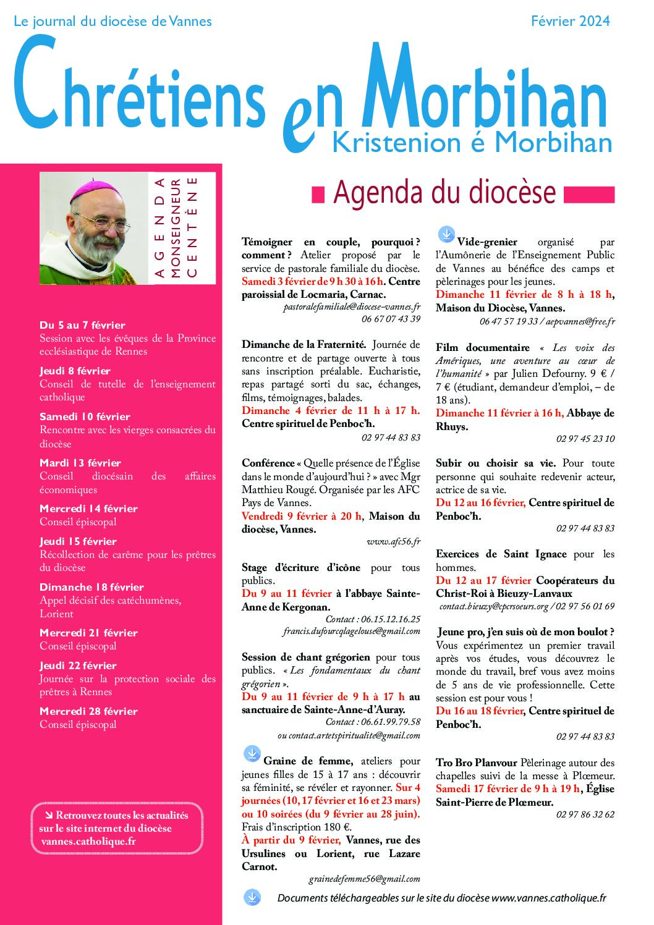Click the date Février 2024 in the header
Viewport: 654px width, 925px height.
pyautogui.click(x=570, y=21)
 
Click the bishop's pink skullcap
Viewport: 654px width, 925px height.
pyautogui.click(x=93, y=188)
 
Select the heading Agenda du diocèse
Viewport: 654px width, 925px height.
pyautogui.click(x=444, y=192)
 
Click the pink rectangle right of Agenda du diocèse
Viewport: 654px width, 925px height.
pyautogui.click(x=590, y=195)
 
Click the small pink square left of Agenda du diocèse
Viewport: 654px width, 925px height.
pyautogui.click(x=318, y=195)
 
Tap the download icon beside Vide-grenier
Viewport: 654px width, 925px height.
pyautogui.click(x=446, y=234)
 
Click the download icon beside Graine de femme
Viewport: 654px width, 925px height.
pyautogui.click(x=252, y=753)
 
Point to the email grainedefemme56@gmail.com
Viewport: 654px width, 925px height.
pyautogui.click(x=364, y=879)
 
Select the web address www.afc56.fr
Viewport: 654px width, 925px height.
pyautogui.click(x=393, y=542)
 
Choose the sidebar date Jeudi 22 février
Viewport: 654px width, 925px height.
pyautogui.click(x=78, y=665)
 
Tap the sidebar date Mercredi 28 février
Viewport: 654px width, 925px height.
pyautogui.click(x=88, y=711)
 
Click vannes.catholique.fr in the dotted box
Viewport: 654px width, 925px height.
pyautogui.click(x=88, y=842)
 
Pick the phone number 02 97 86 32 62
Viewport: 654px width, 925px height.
pyautogui.click(x=585, y=814)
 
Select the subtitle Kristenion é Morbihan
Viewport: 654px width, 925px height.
pyautogui.click(x=472, y=143)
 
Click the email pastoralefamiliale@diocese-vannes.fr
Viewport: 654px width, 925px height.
pyautogui.click(x=352, y=306)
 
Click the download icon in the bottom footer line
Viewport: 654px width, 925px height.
pyautogui.click(x=252, y=898)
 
